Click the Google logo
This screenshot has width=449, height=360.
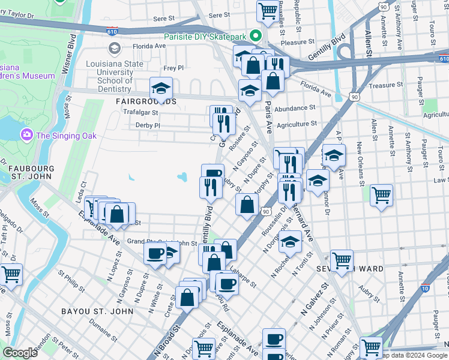[20, 353]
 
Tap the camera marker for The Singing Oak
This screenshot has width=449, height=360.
[26, 135]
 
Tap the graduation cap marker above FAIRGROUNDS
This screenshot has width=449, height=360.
[161, 89]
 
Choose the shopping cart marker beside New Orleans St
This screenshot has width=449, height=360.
[381, 194]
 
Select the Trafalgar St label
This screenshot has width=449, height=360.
[140, 112]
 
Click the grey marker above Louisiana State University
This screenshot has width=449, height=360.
[113, 47]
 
